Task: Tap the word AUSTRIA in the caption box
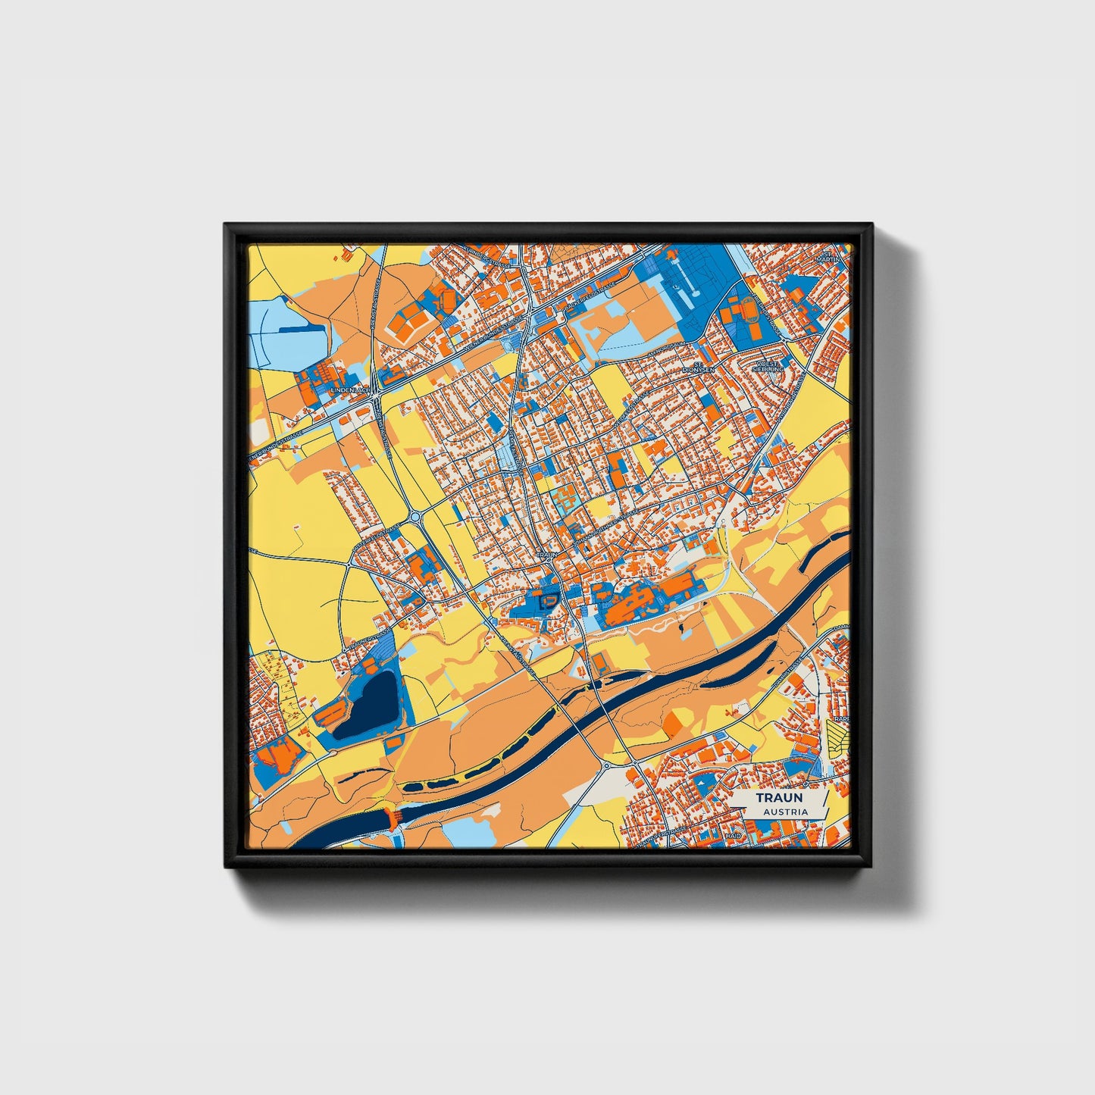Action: (785, 812)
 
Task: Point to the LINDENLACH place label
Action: (350, 390)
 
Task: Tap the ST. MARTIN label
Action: (827, 256)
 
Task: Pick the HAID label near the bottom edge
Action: (732, 835)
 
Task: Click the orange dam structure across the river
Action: (392, 818)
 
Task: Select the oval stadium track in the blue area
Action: (748, 309)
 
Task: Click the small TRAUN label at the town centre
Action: (547, 555)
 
